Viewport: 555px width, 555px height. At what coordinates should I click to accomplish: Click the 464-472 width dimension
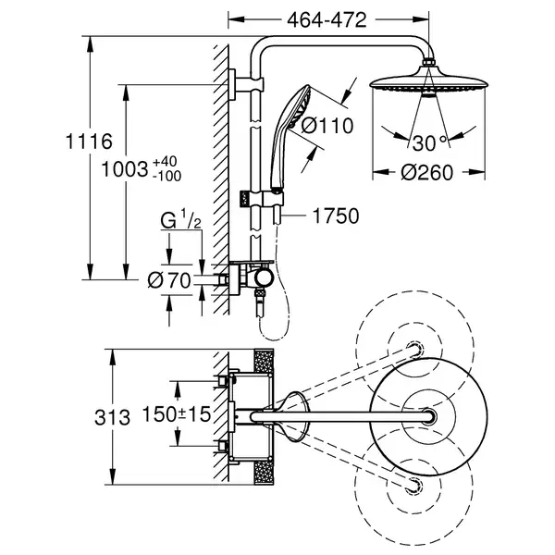coord(327,20)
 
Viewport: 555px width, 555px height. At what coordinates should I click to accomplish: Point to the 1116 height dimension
coord(89,142)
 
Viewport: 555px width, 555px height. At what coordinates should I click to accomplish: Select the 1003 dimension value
coord(125,169)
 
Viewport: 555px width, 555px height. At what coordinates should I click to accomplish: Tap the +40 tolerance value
coord(165,161)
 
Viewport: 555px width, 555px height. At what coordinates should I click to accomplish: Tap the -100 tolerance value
coord(167,176)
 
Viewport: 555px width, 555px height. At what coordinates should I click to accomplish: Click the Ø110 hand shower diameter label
coord(327,126)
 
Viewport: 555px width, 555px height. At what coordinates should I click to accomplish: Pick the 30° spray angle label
coord(430,143)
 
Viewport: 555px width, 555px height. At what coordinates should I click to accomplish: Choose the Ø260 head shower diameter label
coord(426,173)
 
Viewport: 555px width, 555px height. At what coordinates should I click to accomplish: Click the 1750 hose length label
coord(336,216)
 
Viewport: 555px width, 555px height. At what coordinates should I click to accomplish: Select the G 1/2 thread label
coord(181,220)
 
